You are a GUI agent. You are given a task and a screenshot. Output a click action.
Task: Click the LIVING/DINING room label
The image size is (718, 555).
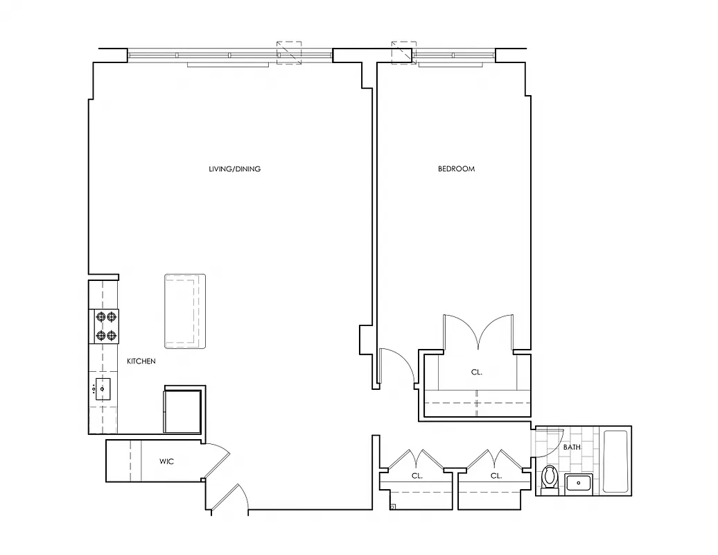(x=235, y=169)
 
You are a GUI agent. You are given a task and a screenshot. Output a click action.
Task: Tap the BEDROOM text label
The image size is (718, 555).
(x=456, y=169)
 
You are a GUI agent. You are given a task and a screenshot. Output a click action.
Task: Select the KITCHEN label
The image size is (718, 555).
(x=141, y=361)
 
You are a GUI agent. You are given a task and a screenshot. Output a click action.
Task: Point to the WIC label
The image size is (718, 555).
(x=166, y=461)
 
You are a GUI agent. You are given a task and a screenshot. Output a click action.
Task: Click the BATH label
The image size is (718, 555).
(x=572, y=447)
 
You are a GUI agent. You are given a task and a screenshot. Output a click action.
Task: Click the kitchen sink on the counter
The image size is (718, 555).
(x=103, y=389)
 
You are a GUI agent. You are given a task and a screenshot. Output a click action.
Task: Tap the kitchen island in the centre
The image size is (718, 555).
(x=185, y=311)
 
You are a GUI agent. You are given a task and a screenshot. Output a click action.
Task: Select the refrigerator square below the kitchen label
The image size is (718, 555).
(x=182, y=411)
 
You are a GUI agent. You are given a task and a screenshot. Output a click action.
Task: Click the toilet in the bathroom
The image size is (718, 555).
(x=550, y=478)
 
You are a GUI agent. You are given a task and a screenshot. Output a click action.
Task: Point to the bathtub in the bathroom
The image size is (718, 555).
(x=615, y=461)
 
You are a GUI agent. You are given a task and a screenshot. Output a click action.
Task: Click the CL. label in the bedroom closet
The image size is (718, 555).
(x=476, y=373)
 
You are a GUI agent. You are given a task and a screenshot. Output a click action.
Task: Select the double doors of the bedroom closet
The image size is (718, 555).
(x=478, y=333)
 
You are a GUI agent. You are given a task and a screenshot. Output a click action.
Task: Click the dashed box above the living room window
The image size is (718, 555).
(x=290, y=53)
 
